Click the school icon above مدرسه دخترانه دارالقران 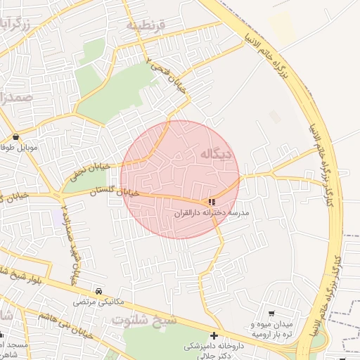tap(212, 202)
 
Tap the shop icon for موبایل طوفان tap(16, 136)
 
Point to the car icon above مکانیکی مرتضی tap(98, 291)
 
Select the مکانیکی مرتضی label tap(98, 302)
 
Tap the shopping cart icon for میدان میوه tap(272, 313)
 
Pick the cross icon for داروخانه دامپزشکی tap(214, 335)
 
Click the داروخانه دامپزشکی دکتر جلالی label tap(214, 351)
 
